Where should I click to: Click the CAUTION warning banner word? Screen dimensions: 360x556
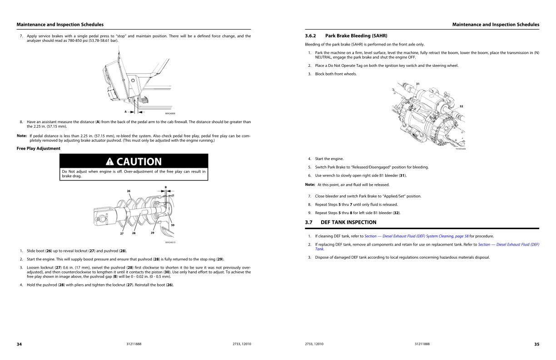(x=139, y=161)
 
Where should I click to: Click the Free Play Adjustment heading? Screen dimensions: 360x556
(x=38, y=148)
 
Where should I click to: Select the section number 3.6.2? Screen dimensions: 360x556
(x=311, y=35)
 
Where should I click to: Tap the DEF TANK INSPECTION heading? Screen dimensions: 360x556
(x=348, y=222)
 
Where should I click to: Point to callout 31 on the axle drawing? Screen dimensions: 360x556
(x=417, y=84)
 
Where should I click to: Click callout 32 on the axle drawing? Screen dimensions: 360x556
(x=461, y=106)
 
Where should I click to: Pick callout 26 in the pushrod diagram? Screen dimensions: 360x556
(x=129, y=191)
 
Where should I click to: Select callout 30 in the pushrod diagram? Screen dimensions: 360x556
(x=173, y=225)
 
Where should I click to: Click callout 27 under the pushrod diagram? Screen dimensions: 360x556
(x=122, y=233)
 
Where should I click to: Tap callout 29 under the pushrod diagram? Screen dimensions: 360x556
(x=153, y=233)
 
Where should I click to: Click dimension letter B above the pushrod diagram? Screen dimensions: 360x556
(x=165, y=187)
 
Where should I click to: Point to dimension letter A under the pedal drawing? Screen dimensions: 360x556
(x=125, y=111)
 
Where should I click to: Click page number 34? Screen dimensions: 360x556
(x=19, y=344)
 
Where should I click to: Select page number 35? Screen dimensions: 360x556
(x=536, y=344)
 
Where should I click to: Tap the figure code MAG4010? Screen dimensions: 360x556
(x=170, y=242)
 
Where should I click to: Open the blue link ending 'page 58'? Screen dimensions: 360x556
(x=416, y=236)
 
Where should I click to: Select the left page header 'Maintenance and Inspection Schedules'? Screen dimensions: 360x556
(x=60, y=25)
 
